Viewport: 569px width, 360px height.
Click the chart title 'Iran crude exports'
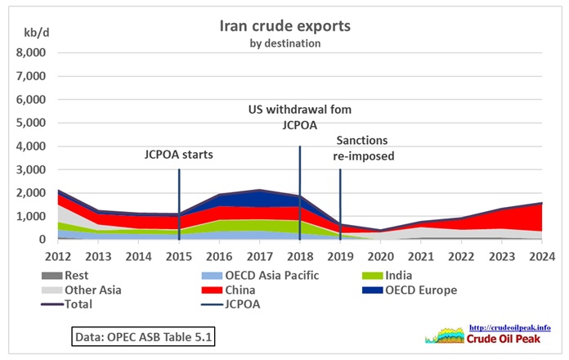point(284,25)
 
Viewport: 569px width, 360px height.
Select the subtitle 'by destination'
point(284,43)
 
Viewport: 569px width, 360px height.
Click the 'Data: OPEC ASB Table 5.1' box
point(142,336)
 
